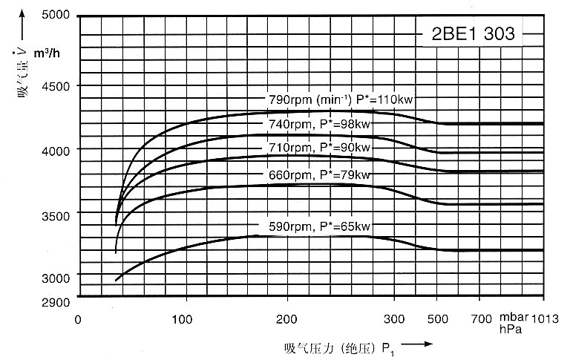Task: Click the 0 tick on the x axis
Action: (x=78, y=320)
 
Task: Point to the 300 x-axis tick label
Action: (x=396, y=320)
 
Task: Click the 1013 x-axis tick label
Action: (x=544, y=320)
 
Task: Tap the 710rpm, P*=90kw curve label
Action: (x=319, y=148)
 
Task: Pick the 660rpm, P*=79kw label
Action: (x=319, y=175)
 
